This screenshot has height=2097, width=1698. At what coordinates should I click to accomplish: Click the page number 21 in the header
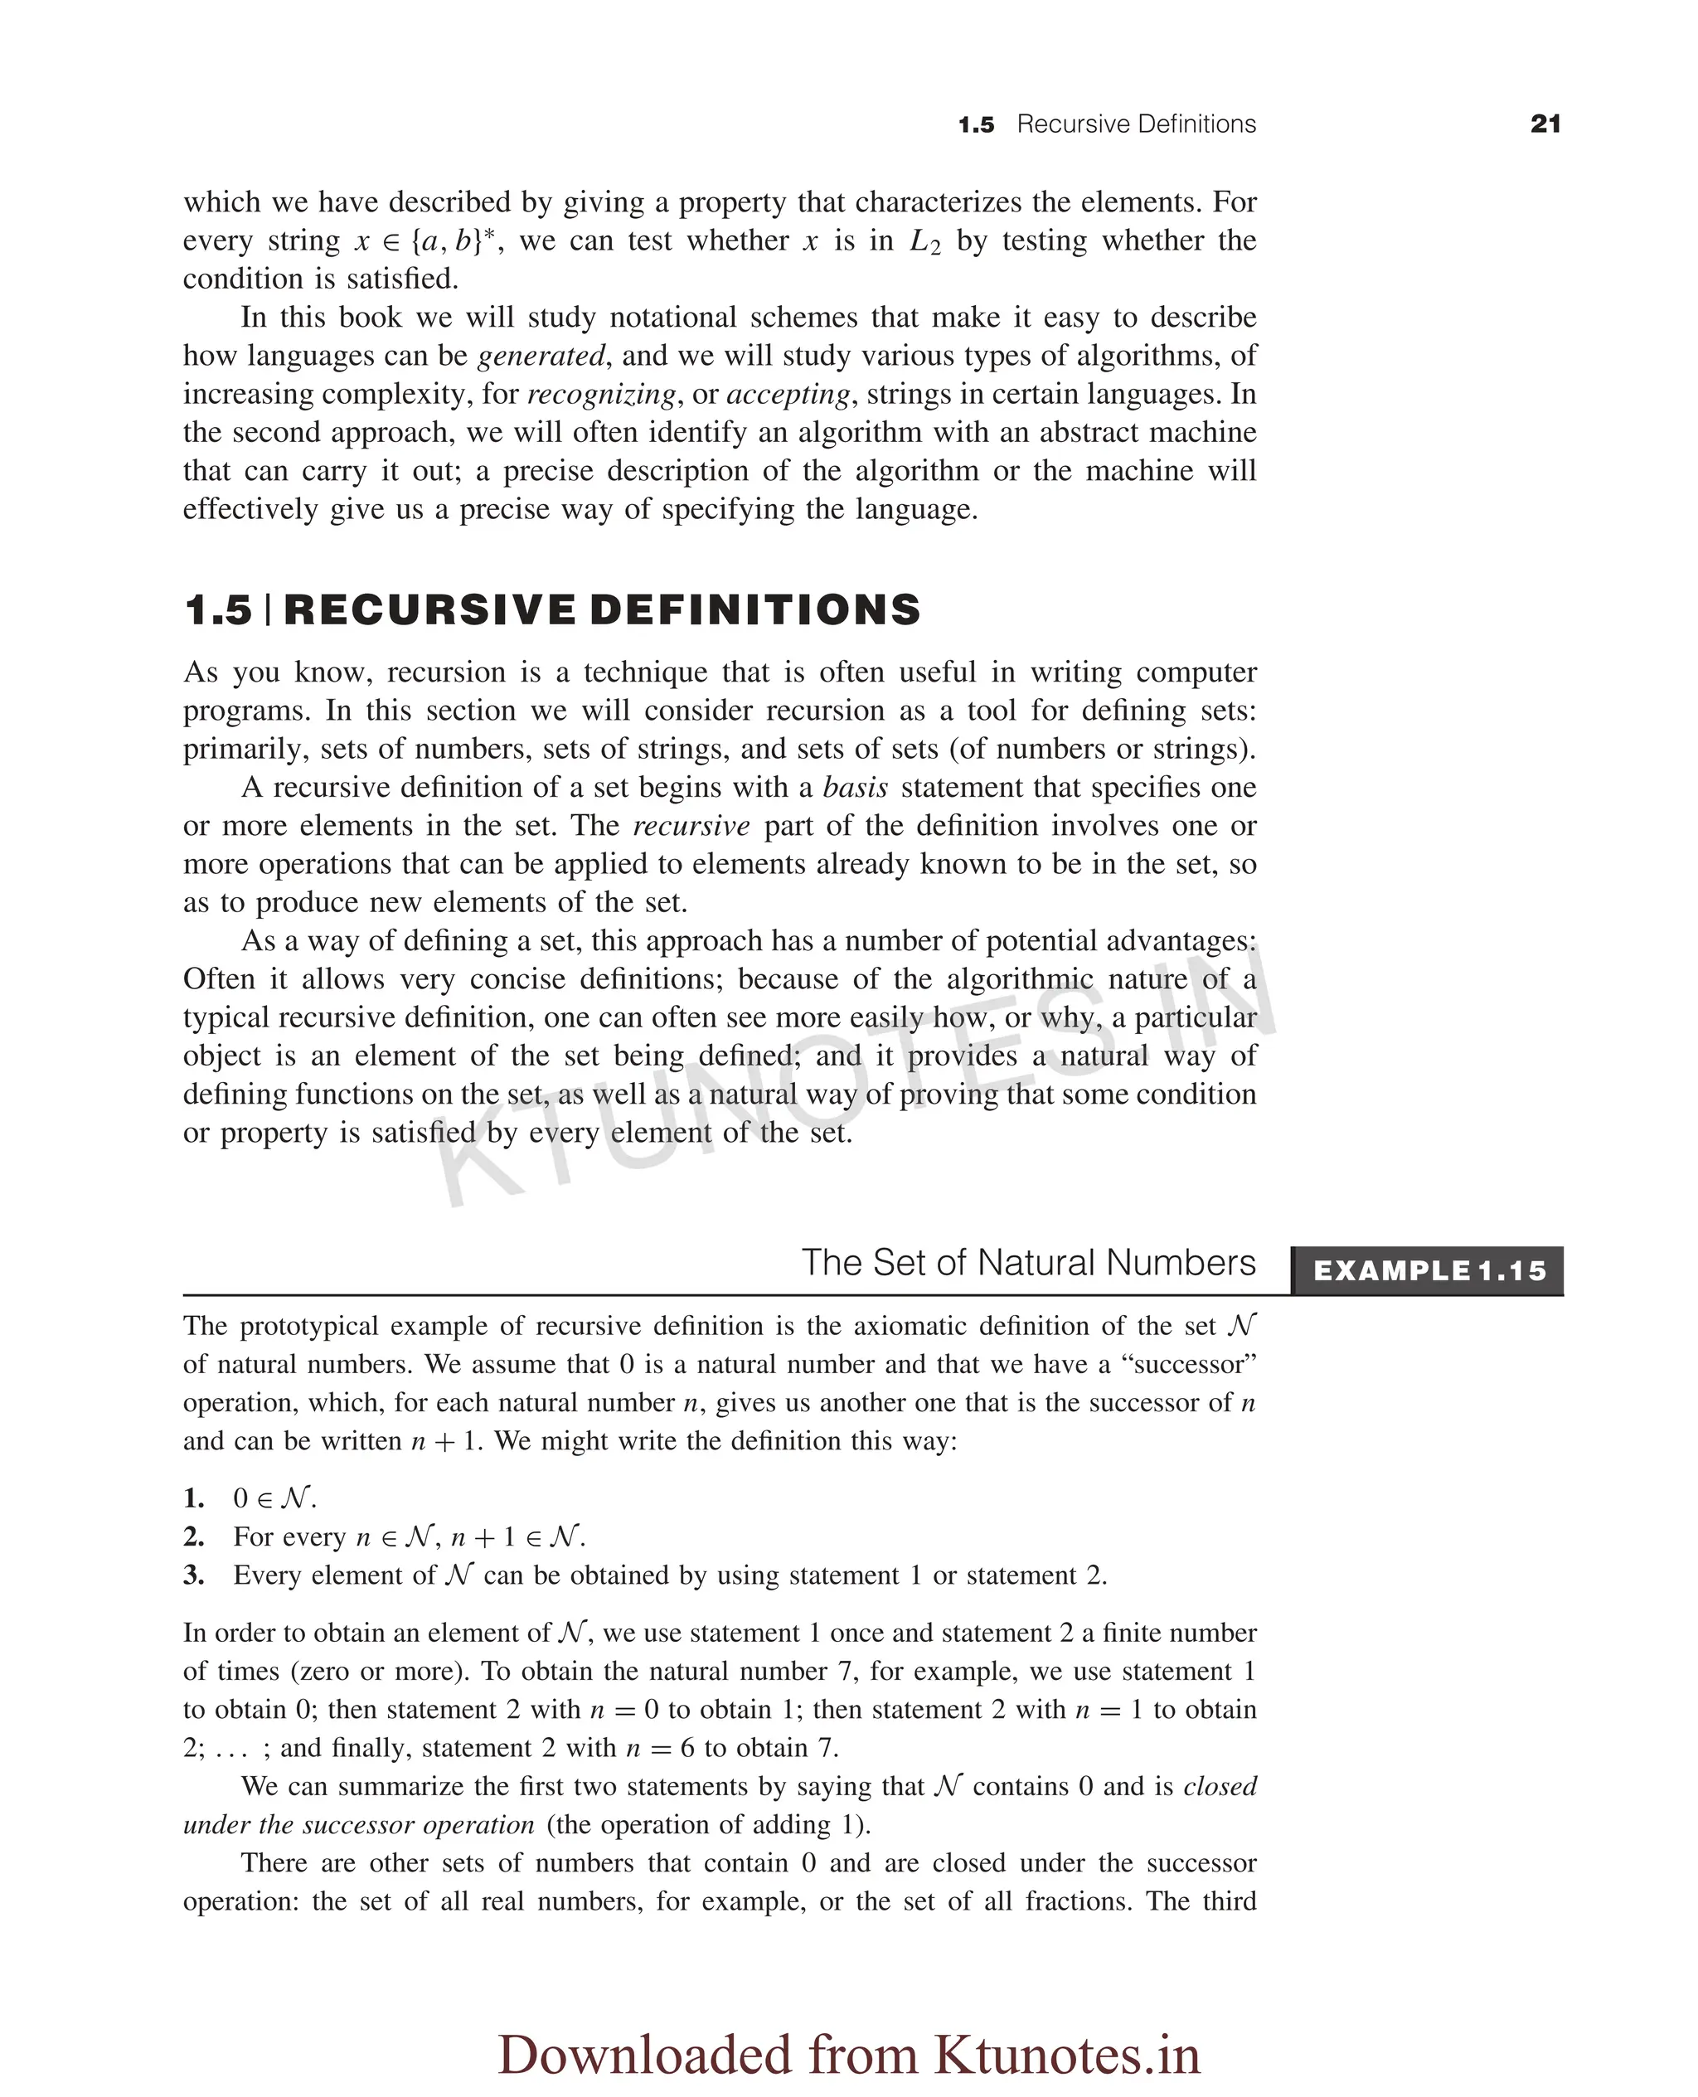[x=1545, y=124]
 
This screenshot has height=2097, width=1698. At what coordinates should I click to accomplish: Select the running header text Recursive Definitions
[x=1136, y=124]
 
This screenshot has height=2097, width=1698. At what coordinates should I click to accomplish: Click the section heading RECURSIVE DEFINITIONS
[x=602, y=609]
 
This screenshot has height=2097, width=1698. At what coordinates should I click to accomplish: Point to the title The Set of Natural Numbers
[x=1028, y=1263]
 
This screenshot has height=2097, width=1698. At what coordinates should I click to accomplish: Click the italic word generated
[x=541, y=356]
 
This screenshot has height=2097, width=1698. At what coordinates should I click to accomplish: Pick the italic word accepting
[x=788, y=394]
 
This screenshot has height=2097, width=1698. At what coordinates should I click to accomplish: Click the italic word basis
[x=855, y=788]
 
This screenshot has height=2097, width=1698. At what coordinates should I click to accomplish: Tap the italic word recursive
[x=691, y=826]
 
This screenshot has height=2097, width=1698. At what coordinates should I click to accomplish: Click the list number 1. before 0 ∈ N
[x=194, y=1498]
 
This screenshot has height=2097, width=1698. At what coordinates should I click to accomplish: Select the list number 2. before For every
[x=194, y=1536]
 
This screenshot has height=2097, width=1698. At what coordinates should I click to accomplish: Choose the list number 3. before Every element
[x=194, y=1575]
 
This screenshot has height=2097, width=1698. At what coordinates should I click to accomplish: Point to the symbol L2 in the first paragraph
[x=924, y=241]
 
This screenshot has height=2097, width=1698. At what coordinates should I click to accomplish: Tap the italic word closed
[x=1219, y=1786]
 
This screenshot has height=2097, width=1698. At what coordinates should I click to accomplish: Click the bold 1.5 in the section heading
[x=218, y=609]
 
